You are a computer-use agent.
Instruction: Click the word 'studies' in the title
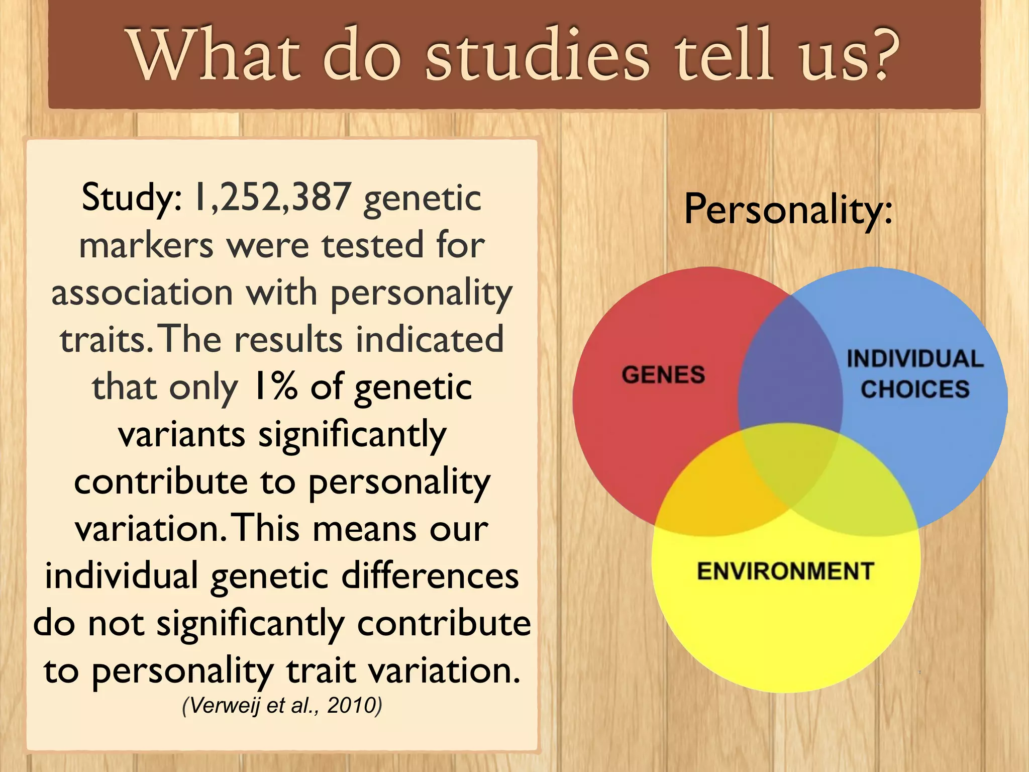tap(537, 55)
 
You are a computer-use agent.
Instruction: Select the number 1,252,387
tap(272, 197)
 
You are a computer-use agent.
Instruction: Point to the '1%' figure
tap(275, 387)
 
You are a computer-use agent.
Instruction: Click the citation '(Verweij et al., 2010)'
tap(282, 705)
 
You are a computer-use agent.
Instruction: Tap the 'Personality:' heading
tap(788, 210)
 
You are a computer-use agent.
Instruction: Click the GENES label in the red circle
tap(663, 375)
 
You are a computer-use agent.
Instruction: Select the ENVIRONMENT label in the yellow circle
tap(785, 571)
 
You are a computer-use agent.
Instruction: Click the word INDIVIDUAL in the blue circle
tap(915, 359)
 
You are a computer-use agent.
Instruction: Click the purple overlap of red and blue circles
tap(789, 372)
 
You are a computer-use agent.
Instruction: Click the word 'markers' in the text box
tap(146, 245)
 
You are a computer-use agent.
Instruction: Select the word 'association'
tap(142, 293)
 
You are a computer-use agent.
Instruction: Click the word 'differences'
tap(430, 576)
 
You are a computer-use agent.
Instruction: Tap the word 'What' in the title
tap(214, 55)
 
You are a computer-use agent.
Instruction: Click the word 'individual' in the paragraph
tap(122, 576)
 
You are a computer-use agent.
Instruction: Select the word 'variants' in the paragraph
tap(182, 434)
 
